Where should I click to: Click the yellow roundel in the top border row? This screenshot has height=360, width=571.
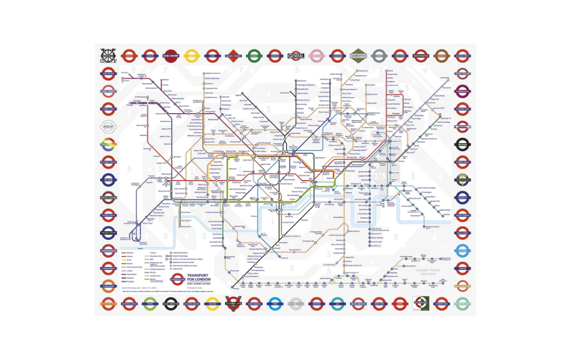pyautogui.click(x=192, y=56)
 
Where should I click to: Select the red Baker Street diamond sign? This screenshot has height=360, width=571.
pyautogui.click(x=233, y=56)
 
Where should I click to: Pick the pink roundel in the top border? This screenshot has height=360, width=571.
pyautogui.click(x=316, y=56)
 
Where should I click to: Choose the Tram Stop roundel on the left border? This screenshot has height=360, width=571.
pyautogui.click(x=108, y=233)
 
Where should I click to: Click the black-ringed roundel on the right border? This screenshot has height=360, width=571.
pyautogui.click(x=463, y=144)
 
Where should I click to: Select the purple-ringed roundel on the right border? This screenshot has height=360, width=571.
pyautogui.click(x=463, y=198)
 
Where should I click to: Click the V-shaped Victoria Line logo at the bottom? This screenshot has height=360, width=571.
pyautogui.click(x=233, y=303)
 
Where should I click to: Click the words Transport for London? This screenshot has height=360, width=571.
pyautogui.click(x=200, y=279)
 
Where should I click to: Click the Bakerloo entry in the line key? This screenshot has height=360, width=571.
pyautogui.click(x=130, y=252)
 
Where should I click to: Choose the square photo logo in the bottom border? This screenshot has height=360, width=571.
pyautogui.click(x=421, y=303)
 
